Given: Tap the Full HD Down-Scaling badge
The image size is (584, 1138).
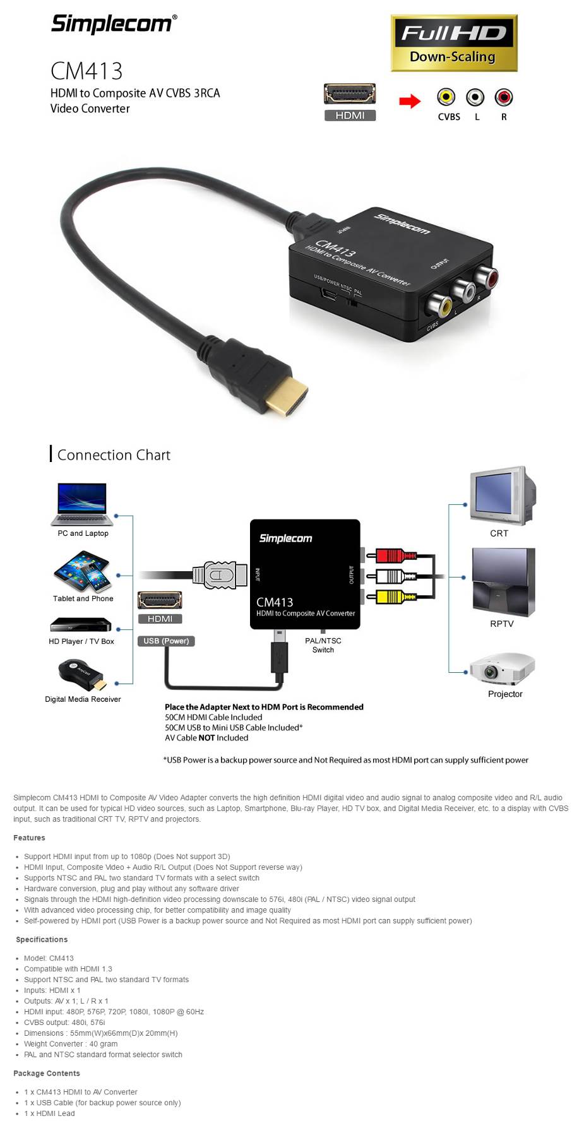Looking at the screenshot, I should tap(453, 43).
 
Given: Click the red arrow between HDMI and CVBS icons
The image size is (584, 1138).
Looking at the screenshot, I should tap(410, 101).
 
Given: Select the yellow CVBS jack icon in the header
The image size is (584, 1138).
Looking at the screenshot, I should tap(446, 97).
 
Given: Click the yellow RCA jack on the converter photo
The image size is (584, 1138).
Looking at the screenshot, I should tap(438, 305).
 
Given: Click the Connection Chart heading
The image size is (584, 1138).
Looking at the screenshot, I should tap(114, 455).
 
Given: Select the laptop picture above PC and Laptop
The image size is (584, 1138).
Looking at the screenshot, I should tap(83, 504).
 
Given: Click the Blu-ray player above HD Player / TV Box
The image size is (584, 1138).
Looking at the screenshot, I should tap(81, 625).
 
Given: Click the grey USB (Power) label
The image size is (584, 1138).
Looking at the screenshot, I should tap(166, 641).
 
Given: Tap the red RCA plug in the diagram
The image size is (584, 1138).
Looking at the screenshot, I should tap(395, 556).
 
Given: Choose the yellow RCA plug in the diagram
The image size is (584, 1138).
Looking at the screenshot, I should tap(395, 596).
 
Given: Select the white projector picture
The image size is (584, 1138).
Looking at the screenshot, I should tap(503, 668).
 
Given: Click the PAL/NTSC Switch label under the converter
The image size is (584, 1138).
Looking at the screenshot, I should tap(323, 645).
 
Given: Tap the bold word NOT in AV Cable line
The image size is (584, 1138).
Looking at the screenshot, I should tap(206, 738).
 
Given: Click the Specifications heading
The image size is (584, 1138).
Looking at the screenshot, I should tap(42, 940).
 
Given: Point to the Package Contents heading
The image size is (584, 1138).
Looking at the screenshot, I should tap(47, 1074).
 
